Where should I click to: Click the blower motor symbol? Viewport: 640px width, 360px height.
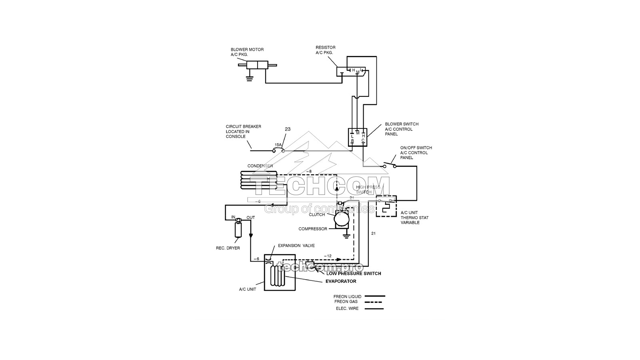(x=257, y=65)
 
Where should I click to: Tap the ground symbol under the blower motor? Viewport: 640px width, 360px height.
(x=249, y=78)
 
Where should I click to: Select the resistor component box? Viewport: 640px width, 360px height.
(x=351, y=71)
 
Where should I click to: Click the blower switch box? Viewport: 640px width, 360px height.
(x=357, y=137)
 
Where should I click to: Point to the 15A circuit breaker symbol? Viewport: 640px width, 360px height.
(x=278, y=150)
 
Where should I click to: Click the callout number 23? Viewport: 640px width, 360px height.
(x=288, y=129)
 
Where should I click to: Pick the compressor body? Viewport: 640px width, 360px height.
(x=342, y=220)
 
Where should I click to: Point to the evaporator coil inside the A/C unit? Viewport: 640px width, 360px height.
(x=277, y=276)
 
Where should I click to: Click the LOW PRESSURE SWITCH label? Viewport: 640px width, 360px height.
(x=354, y=274)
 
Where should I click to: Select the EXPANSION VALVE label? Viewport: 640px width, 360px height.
(x=296, y=246)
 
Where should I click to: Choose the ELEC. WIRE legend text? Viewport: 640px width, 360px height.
(x=347, y=308)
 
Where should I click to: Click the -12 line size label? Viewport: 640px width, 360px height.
(x=328, y=256)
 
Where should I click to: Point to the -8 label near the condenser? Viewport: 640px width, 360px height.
(x=308, y=171)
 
